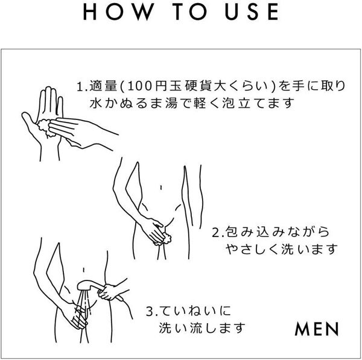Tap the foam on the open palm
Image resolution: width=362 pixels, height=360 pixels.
pos(43,125)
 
